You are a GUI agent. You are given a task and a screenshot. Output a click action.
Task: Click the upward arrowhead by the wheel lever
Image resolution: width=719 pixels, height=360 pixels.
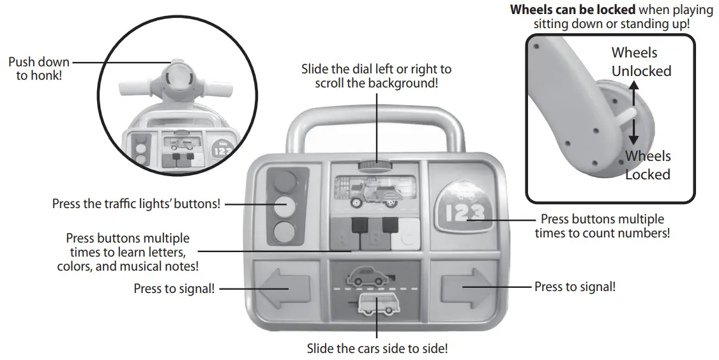[x=633, y=84]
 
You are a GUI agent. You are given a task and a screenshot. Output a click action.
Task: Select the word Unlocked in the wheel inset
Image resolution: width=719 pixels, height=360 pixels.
[x=641, y=71]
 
